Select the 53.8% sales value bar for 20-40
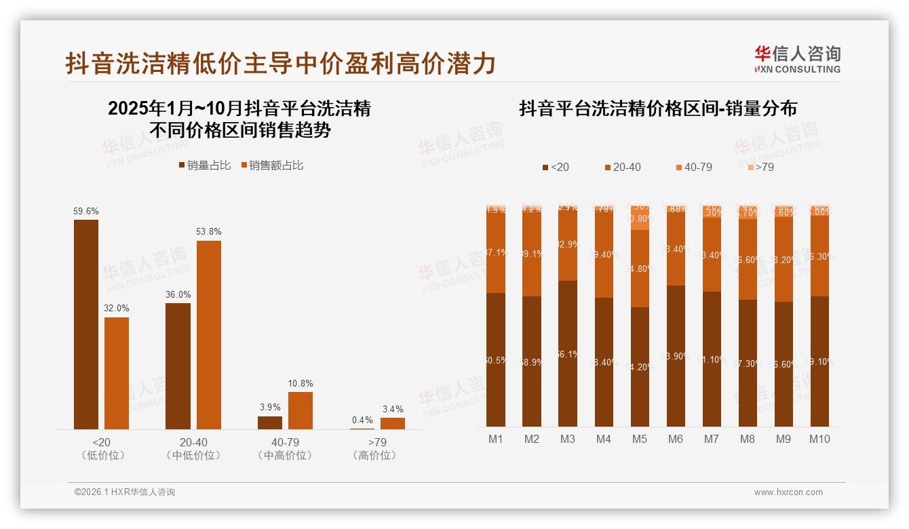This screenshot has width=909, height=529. [x=209, y=335]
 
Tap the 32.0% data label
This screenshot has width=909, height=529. [x=117, y=308]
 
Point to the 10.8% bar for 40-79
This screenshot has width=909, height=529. [x=301, y=410]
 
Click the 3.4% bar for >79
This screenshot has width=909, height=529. [x=393, y=423]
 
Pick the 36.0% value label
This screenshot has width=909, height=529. [x=178, y=294]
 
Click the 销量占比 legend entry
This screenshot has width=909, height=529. [x=204, y=165]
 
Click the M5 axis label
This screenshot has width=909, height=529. [x=639, y=439]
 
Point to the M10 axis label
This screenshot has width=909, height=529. [x=819, y=439]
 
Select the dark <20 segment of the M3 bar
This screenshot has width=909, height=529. [x=568, y=353]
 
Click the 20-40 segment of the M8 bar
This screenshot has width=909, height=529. [x=748, y=259]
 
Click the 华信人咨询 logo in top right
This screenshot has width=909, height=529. [x=797, y=59]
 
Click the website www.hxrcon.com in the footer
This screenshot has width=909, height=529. [x=788, y=492]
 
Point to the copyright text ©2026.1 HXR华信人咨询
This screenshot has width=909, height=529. [x=125, y=492]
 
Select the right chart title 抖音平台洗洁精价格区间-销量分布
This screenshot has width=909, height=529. [x=658, y=109]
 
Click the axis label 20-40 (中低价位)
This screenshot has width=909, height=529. [x=193, y=448]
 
